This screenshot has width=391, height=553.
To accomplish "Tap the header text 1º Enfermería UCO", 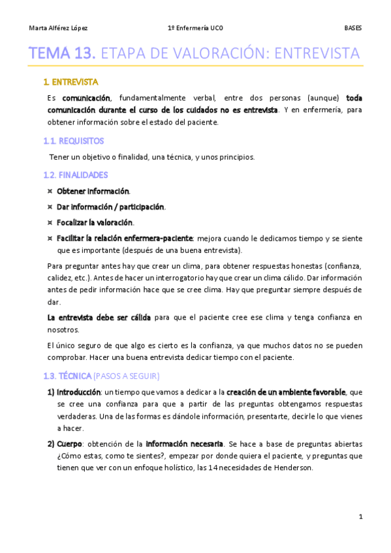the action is click(195, 28).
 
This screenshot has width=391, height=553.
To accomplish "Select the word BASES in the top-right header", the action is click(353, 28).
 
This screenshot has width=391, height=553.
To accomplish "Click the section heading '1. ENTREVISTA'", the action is click(70, 82).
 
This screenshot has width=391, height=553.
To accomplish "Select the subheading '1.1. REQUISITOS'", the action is click(73, 140).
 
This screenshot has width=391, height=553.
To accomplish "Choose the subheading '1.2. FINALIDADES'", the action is click(75, 175).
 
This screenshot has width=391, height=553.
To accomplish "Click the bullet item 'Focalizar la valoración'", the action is click(95, 222).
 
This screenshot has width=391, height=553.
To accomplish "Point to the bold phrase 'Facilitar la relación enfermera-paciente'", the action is click(125, 238).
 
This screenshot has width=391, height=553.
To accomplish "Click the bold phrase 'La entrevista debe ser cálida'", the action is click(99, 318).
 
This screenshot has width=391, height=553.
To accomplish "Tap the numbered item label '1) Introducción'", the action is click(73, 392).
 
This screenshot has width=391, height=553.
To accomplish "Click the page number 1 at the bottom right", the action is click(360, 516).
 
